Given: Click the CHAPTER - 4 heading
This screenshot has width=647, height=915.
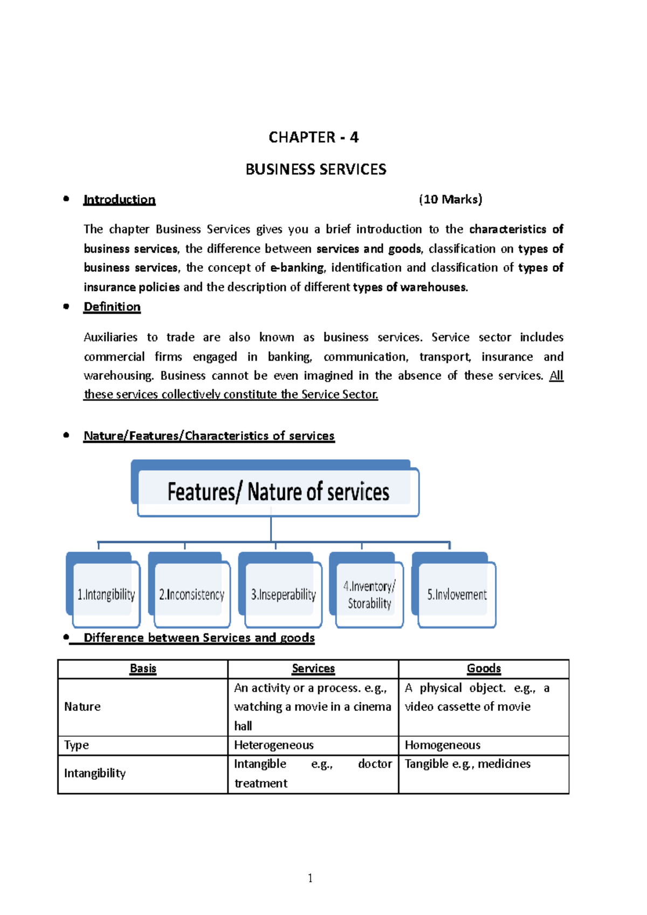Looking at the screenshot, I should [x=313, y=137].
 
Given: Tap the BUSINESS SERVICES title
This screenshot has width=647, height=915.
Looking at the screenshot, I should [x=316, y=169].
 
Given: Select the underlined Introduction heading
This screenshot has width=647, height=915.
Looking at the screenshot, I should [x=119, y=199].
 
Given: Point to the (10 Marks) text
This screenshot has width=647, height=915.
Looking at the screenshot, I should [x=450, y=199].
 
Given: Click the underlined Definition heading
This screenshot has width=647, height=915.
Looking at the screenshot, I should [x=112, y=307].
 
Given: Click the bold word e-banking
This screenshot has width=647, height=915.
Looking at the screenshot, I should [x=297, y=268].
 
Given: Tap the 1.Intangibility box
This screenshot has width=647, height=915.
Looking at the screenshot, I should [x=106, y=594].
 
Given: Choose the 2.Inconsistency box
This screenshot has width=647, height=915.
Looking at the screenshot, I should [x=191, y=594].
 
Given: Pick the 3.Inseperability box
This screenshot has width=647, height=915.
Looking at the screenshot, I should [x=283, y=594].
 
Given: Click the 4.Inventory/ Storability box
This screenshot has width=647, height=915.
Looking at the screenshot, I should [x=369, y=594].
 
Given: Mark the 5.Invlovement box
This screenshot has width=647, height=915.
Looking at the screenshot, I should [x=457, y=594].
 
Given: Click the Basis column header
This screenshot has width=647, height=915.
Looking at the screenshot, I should [x=143, y=669].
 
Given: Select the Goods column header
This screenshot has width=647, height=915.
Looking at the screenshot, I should [x=484, y=669].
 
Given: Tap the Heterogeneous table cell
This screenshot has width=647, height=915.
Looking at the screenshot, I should [x=274, y=745].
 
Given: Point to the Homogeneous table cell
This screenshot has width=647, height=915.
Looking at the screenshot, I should [x=443, y=745].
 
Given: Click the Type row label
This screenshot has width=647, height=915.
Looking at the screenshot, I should [x=77, y=745].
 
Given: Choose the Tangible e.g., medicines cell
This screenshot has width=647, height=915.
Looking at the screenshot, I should [x=467, y=764].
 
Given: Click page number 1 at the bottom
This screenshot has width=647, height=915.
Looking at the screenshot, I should [x=310, y=878].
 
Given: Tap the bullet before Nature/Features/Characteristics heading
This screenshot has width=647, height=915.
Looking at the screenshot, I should [x=66, y=435].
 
